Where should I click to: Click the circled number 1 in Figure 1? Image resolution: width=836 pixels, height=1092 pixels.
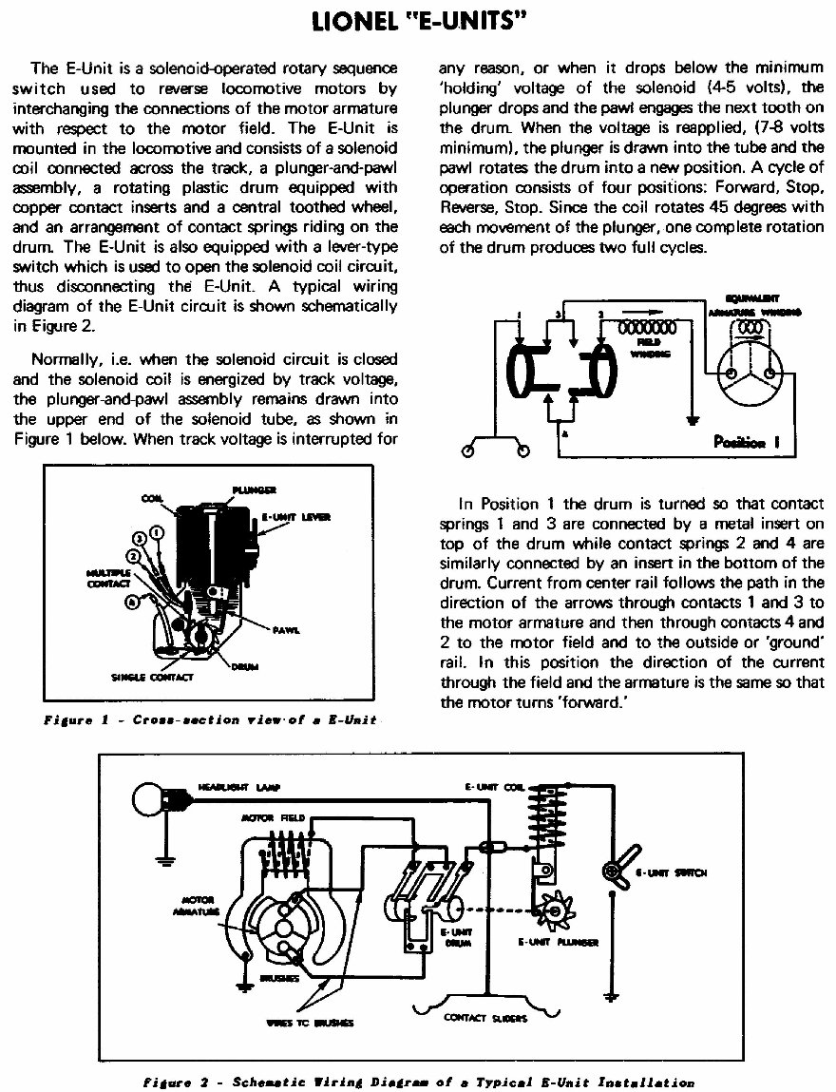[x=158, y=532]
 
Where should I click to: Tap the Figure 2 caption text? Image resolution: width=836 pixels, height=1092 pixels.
[x=418, y=1082]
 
